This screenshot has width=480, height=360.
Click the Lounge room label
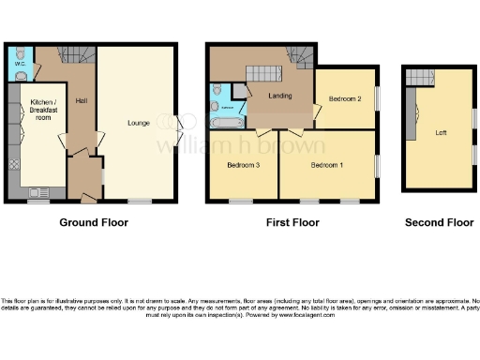[x=138, y=123]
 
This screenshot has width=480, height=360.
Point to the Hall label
[x=82, y=103]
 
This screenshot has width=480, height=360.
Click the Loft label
[x=441, y=132]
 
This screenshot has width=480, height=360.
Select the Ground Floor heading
[x=94, y=223]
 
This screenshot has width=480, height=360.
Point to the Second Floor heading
[x=439, y=223]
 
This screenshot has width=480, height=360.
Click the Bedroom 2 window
[x=377, y=98]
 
